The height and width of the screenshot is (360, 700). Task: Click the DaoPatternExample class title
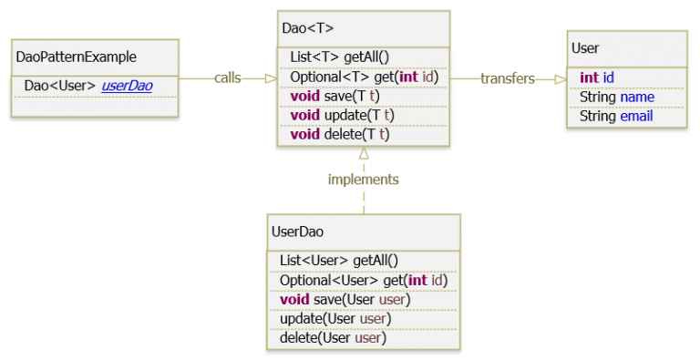(69, 57)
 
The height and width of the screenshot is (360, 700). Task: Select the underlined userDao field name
(127, 86)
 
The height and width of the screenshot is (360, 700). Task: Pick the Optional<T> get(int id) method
(364, 77)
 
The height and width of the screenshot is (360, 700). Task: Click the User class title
(585, 47)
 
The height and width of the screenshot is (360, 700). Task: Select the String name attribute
(617, 97)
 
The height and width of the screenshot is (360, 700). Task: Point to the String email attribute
(616, 116)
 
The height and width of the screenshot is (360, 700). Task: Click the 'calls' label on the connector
(227, 78)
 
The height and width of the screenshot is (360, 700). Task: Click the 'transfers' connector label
(507, 78)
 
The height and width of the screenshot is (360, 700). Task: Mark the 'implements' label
(363, 180)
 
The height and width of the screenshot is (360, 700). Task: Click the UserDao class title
(297, 231)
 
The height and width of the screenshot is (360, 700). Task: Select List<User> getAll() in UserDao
(339, 260)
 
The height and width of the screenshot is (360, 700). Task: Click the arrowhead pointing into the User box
(560, 79)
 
